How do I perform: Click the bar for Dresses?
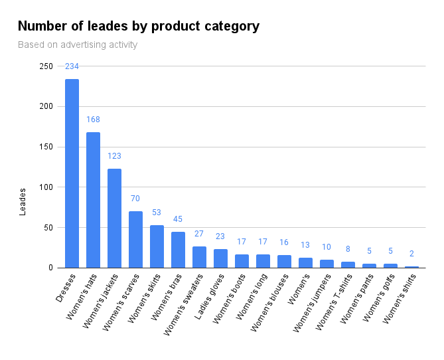tap(72, 173)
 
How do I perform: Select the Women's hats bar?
tap(93, 200)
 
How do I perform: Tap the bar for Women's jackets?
tap(114, 219)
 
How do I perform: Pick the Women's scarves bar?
tap(135, 240)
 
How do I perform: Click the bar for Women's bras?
tap(178, 250)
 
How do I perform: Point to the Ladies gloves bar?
tap(220, 258)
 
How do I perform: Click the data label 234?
tap(72, 66)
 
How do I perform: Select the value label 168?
tap(93, 120)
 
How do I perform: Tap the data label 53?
tap(157, 213)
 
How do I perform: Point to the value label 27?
tap(199, 234)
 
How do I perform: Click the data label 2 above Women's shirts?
tap(411, 254)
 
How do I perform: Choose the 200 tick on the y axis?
tap(46, 106)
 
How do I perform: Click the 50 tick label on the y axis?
tap(48, 228)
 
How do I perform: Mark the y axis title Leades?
tap(23, 202)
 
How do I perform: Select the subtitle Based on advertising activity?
tap(78, 45)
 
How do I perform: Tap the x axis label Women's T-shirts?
tap(334, 302)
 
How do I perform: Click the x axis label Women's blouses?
tap(269, 303)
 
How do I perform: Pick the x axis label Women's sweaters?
tap(183, 305)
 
